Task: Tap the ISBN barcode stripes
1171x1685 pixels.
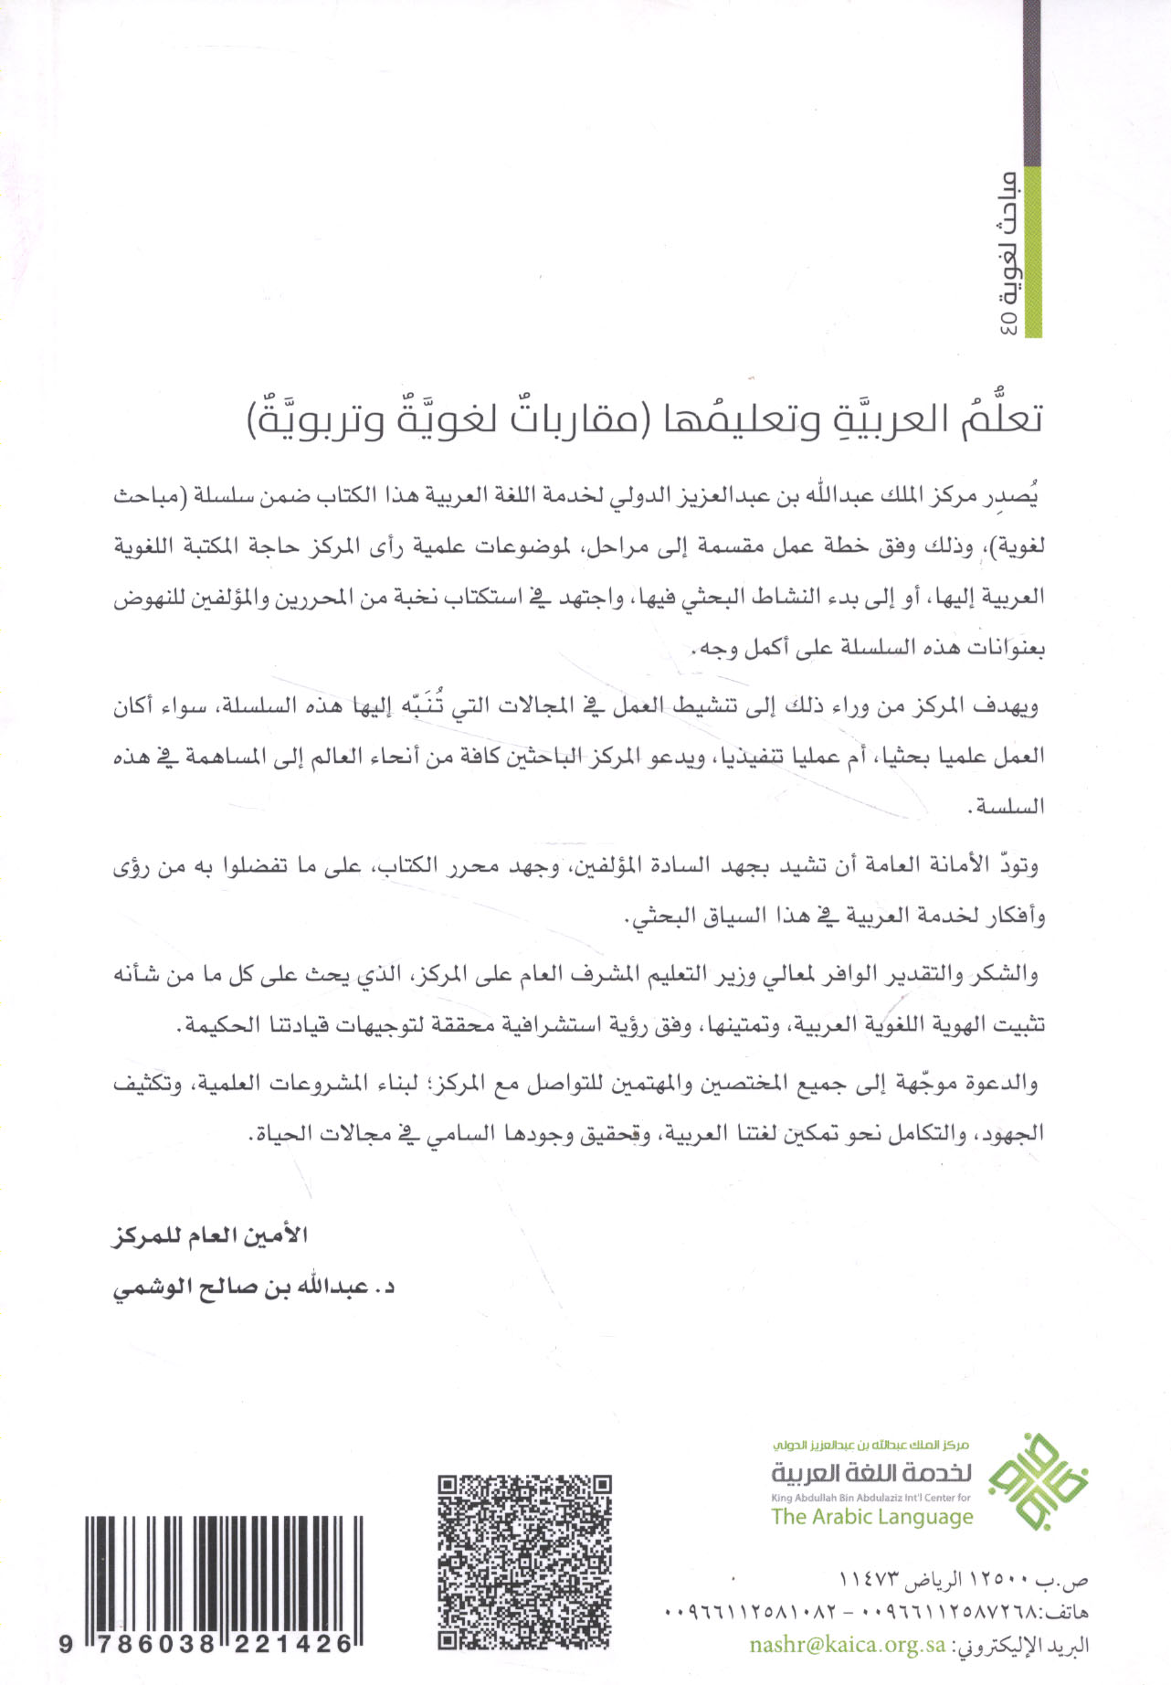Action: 224,1572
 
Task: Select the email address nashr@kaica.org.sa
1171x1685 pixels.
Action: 847,1645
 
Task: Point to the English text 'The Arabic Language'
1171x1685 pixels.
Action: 871,1518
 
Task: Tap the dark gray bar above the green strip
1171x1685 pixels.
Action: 1032,82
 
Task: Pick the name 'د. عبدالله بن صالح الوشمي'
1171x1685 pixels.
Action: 253,1287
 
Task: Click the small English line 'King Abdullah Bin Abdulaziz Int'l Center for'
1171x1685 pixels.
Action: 870,1498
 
